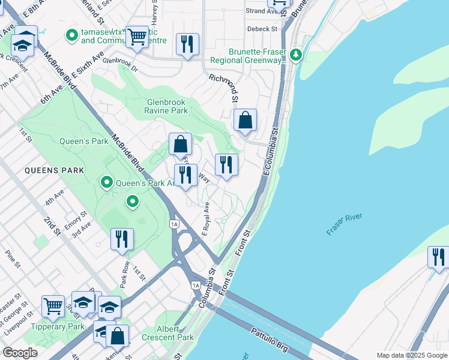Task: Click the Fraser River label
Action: pos(344,222)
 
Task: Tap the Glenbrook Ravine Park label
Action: pos(166,106)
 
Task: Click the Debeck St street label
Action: pos(262,28)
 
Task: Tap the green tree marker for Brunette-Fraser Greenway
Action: pos(295,55)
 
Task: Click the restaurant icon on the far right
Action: pos(438,256)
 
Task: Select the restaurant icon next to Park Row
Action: pos(122,238)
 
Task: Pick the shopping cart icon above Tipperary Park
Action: pos(53,305)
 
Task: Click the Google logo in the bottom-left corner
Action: pos(20,353)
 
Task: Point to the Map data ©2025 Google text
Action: pos(411,355)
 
